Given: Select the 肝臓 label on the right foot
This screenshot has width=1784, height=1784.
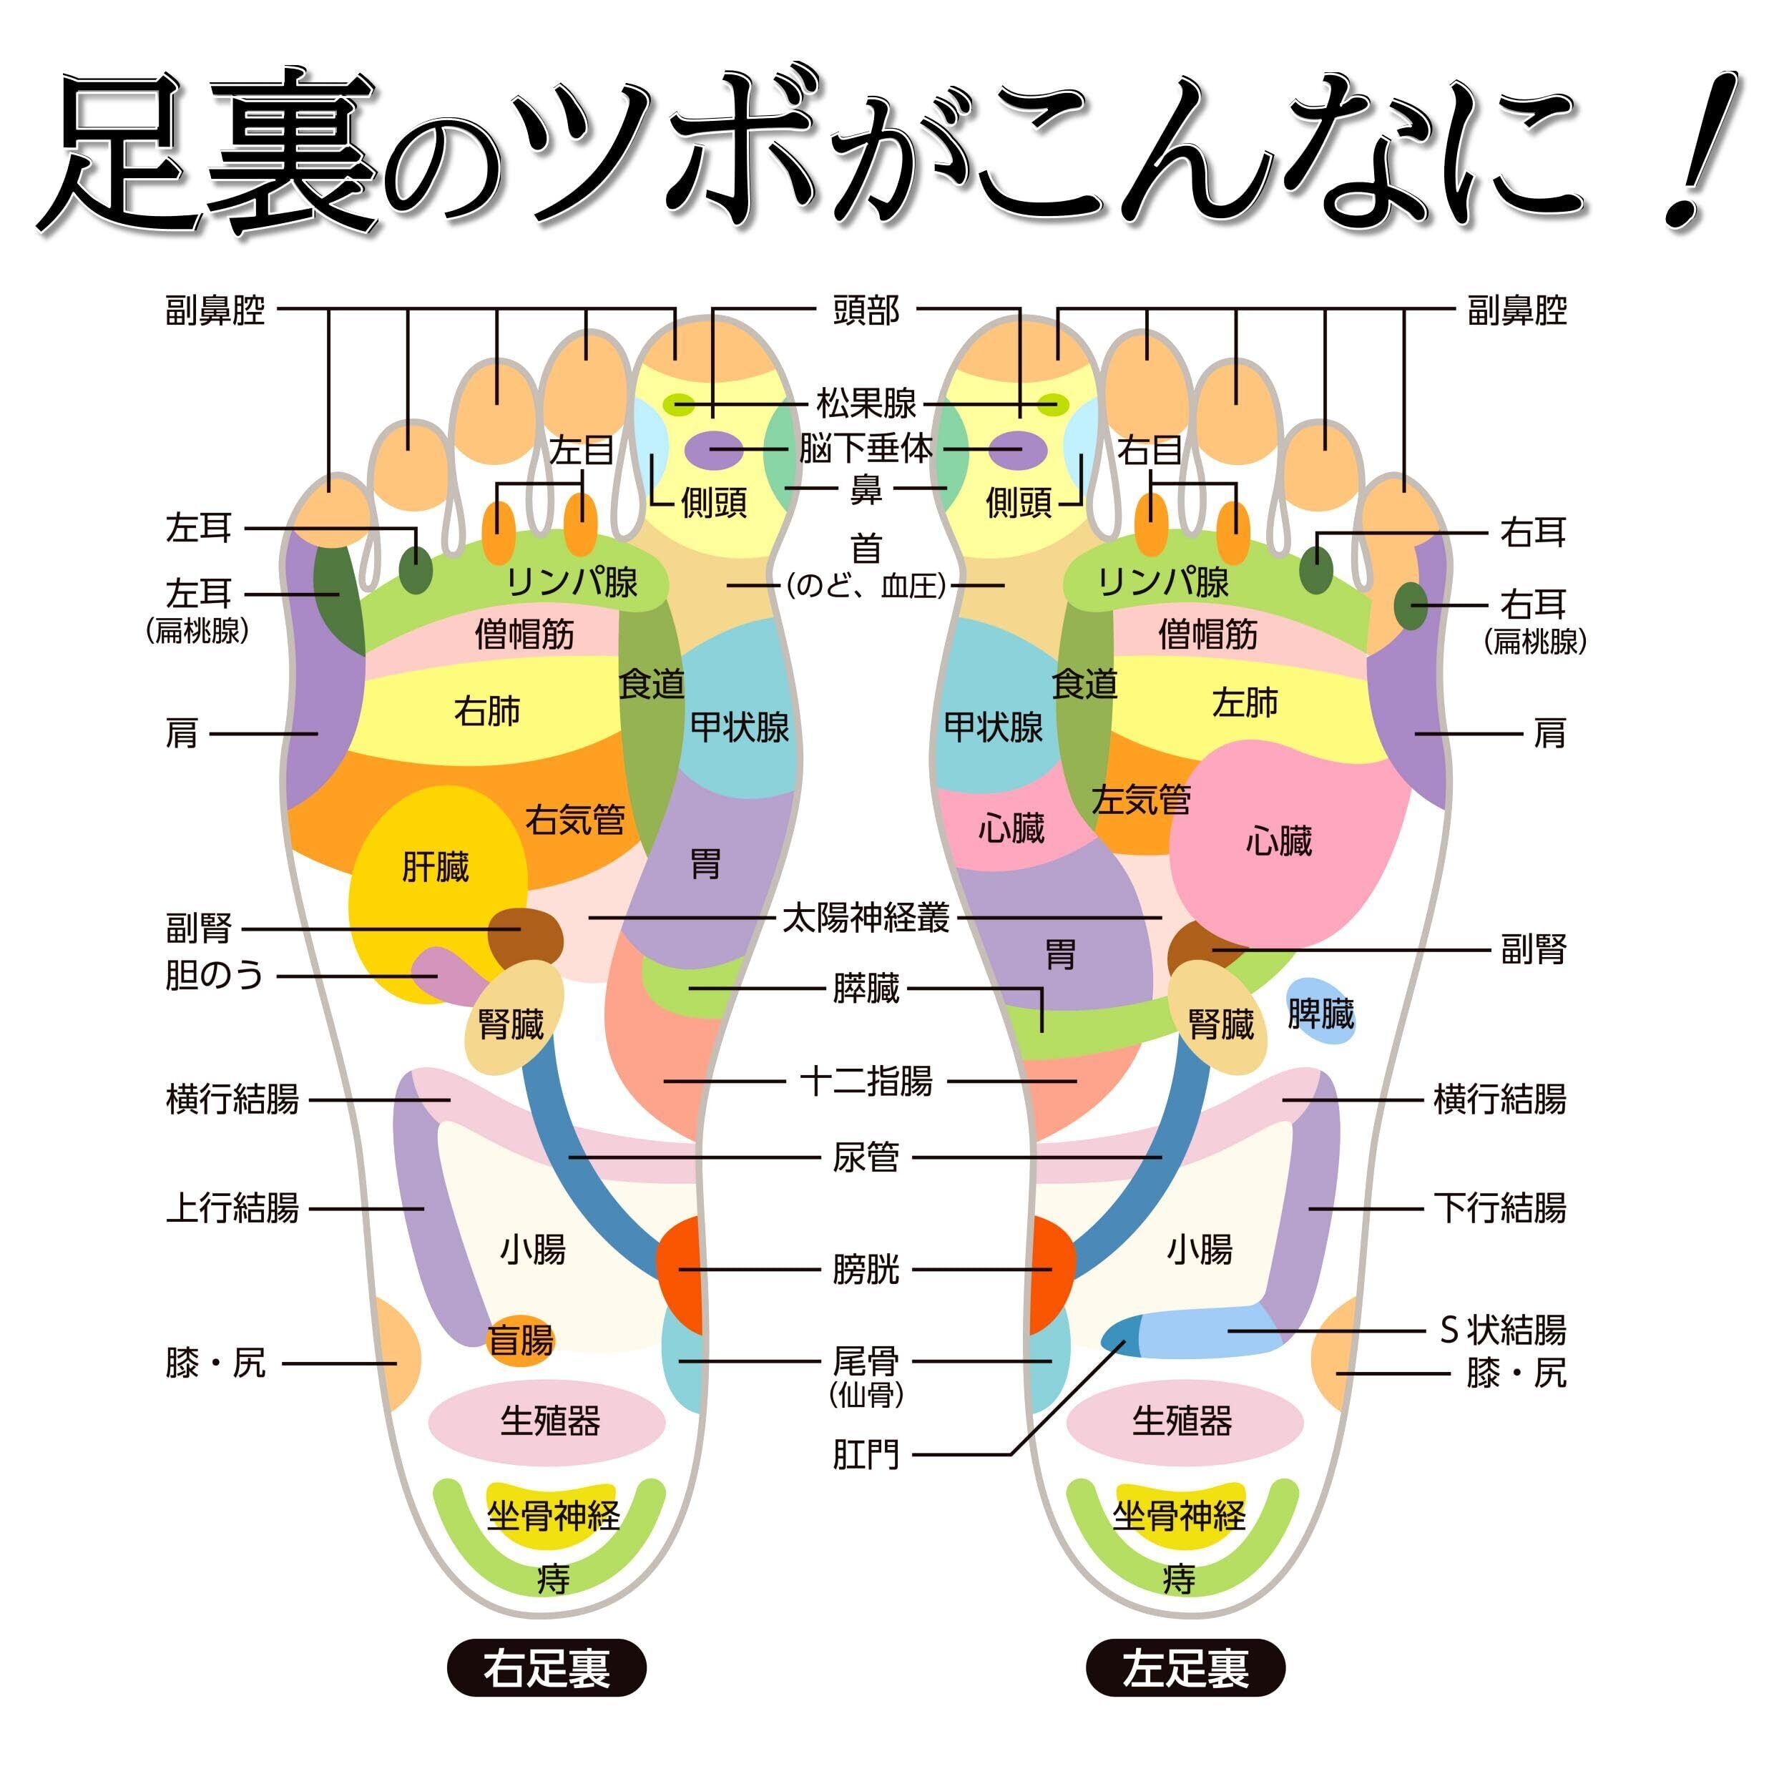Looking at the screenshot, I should tap(435, 867).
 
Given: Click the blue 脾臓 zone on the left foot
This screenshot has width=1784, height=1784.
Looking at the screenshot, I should tap(1320, 1013).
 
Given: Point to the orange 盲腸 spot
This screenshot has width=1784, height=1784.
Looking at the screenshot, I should tap(520, 1339).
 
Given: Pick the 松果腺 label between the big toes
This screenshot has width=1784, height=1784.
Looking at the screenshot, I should tap(866, 403).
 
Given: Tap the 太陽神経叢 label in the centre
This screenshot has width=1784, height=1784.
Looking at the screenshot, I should tap(866, 918).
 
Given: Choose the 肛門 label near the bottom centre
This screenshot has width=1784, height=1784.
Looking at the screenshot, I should tap(866, 1455).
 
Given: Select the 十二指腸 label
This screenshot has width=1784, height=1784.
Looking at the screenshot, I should tap(866, 1080).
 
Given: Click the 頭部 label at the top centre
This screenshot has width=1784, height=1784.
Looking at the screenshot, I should tap(866, 310).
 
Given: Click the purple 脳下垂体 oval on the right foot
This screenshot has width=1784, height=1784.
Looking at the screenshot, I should tap(713, 450).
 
